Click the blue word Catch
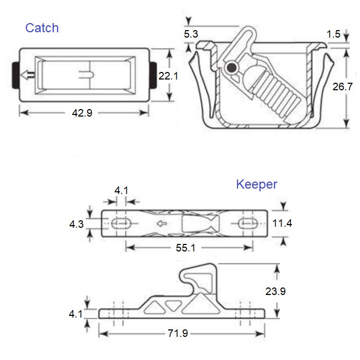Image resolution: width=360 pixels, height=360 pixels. tap(42, 28)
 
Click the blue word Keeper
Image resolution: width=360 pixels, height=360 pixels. tap(257, 185)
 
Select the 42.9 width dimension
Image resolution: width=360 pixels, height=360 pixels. tap(84, 113)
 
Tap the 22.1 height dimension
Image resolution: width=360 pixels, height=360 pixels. tap(168, 76)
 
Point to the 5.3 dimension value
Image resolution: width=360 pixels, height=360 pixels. tap(191, 34)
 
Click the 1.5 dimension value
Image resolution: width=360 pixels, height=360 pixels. tap(333, 34)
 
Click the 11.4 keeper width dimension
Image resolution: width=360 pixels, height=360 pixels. tap(283, 223)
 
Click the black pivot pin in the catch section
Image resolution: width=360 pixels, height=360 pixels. tap(232, 68)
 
